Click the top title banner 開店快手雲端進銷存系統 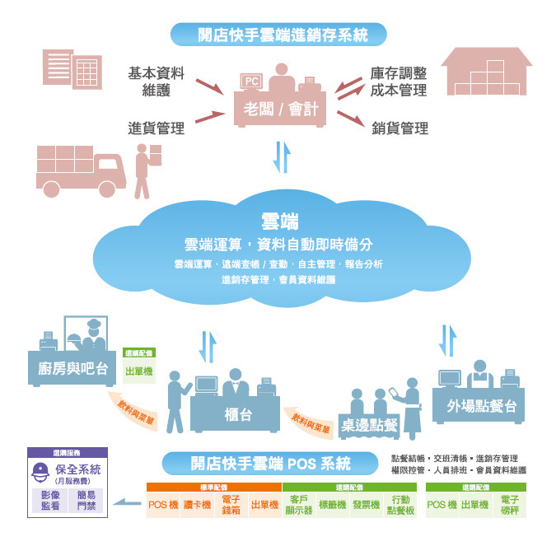279,35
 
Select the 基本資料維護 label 156,81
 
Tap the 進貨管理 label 156,128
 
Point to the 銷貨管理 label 399,128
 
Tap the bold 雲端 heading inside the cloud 278,221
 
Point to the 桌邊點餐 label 370,425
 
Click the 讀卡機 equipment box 197,504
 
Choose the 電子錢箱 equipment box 231,504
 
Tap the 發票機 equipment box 365,504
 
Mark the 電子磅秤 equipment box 510,504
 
